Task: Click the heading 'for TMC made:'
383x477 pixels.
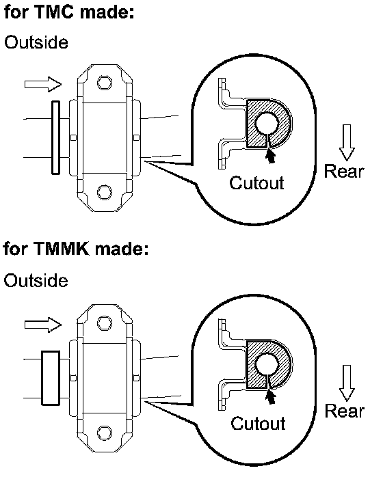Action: tap(69, 12)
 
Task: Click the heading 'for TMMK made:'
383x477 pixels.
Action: tap(76, 248)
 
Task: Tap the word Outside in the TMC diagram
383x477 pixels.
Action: tap(36, 42)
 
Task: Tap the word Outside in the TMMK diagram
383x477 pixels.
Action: tap(36, 280)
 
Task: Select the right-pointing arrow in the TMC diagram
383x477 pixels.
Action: tap(43, 84)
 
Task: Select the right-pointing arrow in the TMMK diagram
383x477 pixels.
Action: tap(43, 325)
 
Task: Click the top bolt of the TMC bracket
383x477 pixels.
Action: tap(105, 83)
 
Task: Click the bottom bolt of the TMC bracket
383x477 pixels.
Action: tap(105, 192)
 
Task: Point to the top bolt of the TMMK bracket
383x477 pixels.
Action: tap(105, 323)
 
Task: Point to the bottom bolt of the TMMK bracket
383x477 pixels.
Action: tap(105, 433)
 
